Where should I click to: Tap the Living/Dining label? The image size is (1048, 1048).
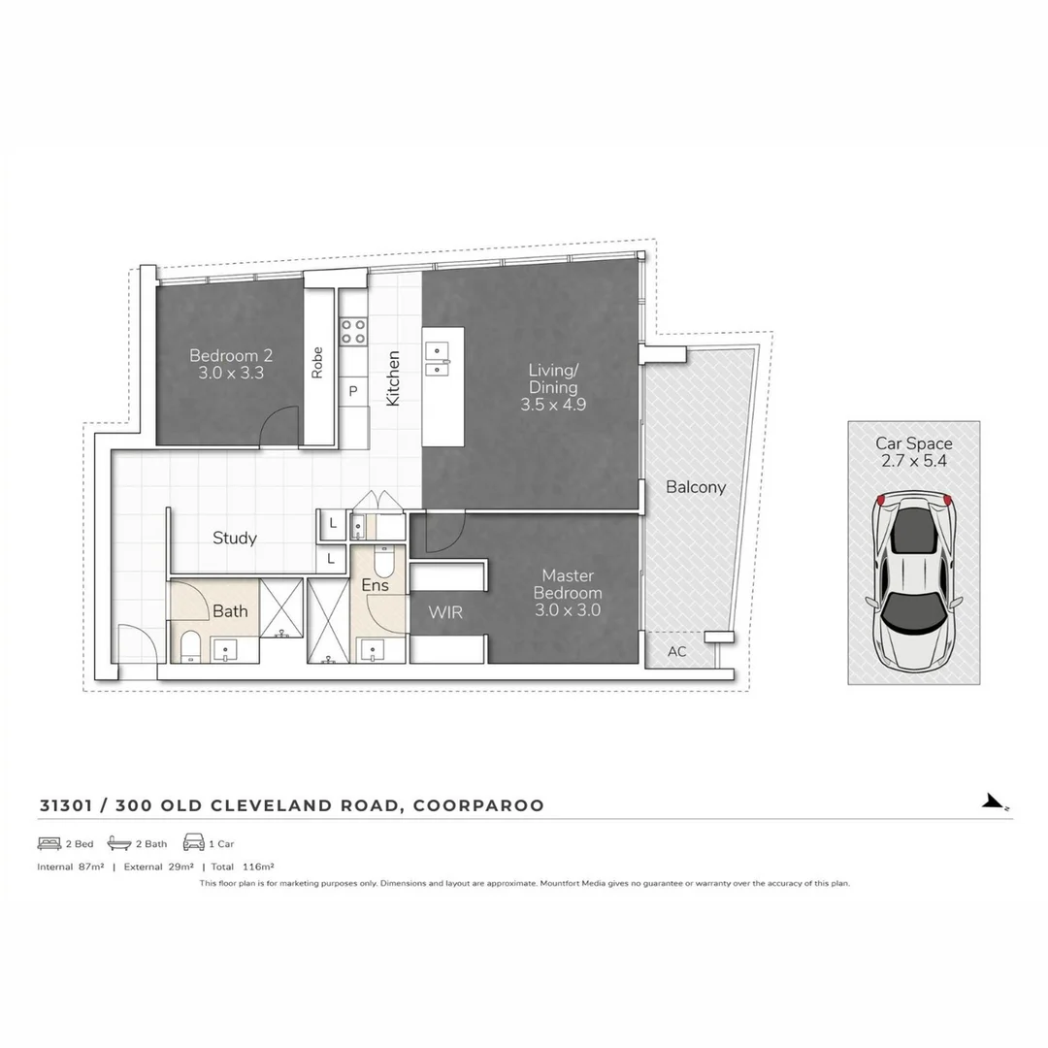(553, 387)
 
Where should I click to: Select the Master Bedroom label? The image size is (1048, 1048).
(568, 592)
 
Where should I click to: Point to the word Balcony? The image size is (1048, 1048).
(695, 487)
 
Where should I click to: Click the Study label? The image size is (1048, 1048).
(234, 538)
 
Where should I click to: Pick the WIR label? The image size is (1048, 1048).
(445, 613)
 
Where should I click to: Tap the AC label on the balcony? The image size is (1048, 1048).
(676, 651)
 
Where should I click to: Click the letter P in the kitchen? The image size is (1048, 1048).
(353, 391)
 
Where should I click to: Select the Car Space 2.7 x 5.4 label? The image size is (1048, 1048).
(913, 452)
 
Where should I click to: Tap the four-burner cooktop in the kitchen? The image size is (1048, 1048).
(352, 331)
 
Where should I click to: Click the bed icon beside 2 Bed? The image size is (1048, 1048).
(49, 843)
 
